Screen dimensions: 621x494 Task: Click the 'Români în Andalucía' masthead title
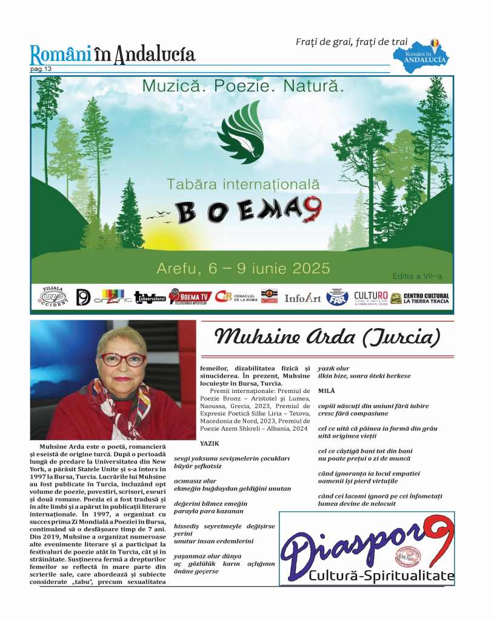(113, 55)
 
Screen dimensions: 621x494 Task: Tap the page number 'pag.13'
(41, 69)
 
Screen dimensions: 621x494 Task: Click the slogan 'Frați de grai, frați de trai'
(352, 42)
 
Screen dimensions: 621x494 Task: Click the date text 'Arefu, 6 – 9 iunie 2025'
(243, 267)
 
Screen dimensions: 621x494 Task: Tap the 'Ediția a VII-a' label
(417, 277)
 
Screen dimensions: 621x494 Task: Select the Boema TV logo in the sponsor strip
(190, 297)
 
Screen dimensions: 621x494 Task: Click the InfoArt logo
(302, 298)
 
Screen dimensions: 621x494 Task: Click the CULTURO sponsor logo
(370, 297)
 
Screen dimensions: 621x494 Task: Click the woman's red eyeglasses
(122, 360)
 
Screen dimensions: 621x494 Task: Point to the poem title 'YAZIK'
(209, 443)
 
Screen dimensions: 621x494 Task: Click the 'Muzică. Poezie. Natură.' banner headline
(243, 87)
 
